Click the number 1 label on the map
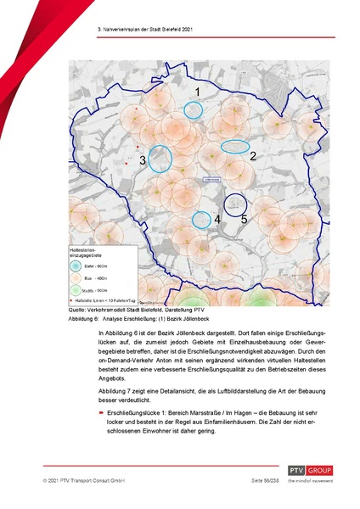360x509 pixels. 197,91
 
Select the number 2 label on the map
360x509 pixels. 252,156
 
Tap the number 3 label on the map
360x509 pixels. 143,159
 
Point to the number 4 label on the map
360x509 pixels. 217,219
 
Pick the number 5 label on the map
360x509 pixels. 244,219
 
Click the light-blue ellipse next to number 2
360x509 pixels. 235,146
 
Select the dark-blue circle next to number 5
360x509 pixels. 235,204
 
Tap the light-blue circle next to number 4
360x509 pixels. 200,220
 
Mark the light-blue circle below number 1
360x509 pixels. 194,109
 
